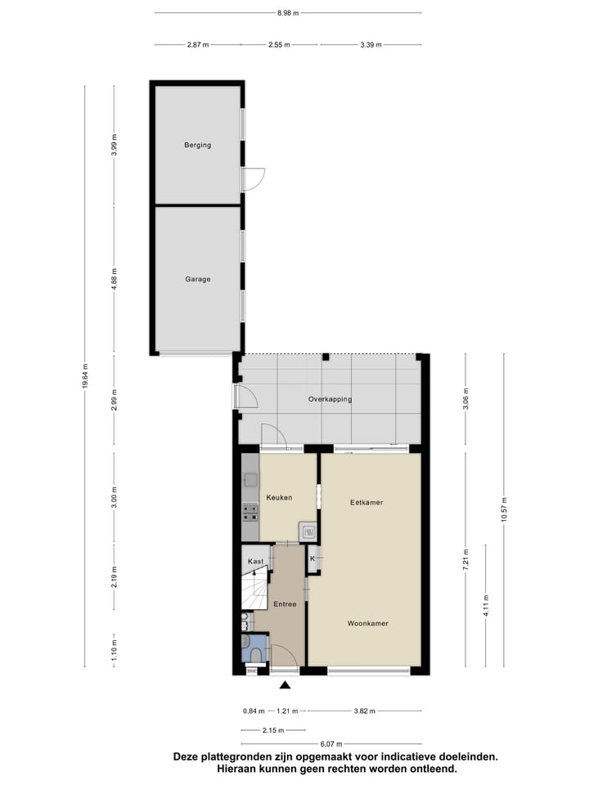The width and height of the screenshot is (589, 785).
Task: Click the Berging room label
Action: [x=197, y=146]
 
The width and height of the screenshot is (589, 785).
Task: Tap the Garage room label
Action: [x=197, y=279]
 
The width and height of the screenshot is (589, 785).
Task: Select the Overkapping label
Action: [x=330, y=399]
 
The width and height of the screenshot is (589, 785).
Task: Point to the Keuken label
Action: [x=279, y=497]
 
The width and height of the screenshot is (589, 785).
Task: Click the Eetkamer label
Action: [x=366, y=502]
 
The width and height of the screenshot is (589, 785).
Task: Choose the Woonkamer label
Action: [x=367, y=623]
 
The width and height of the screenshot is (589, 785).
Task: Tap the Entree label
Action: [x=285, y=604]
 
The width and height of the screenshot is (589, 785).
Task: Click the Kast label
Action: [x=256, y=561]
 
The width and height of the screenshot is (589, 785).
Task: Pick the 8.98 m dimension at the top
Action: [x=288, y=13]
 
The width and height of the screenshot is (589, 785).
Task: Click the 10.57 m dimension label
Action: [x=504, y=510]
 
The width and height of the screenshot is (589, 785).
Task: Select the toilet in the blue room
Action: [x=254, y=654]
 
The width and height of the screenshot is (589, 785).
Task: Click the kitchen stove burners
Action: [x=250, y=512]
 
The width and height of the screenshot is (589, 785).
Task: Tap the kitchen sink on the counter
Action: [x=250, y=480]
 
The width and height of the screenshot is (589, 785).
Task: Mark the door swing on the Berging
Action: [x=254, y=178]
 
